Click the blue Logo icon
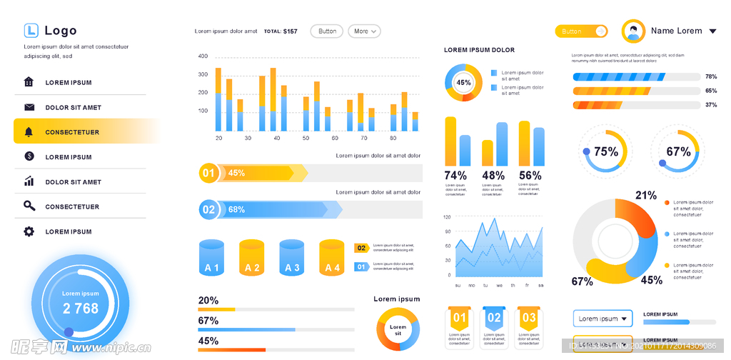click(31, 30)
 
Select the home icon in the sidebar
click(29, 82)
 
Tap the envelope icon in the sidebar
click(29, 107)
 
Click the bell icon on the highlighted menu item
click(29, 132)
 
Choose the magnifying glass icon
click(29, 206)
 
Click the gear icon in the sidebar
click(29, 231)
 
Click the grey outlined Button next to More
click(327, 31)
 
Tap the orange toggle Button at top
click(581, 31)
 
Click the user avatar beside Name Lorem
click(633, 31)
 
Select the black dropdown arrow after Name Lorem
click(712, 31)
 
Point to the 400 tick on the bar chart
click(203, 56)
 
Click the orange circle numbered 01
click(208, 173)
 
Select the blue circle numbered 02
click(208, 209)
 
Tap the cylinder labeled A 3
click(292, 258)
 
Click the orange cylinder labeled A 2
click(252, 258)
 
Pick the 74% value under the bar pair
click(455, 176)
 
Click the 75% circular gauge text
click(606, 151)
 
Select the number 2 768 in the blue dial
click(81, 309)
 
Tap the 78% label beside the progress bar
click(711, 76)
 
